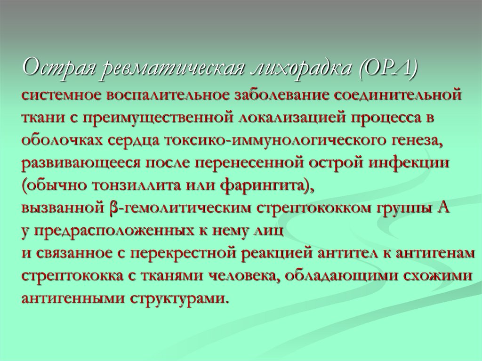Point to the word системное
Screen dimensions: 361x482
pyautogui.click(x=62, y=95)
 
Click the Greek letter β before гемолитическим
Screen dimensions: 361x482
pyautogui.click(x=113, y=207)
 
